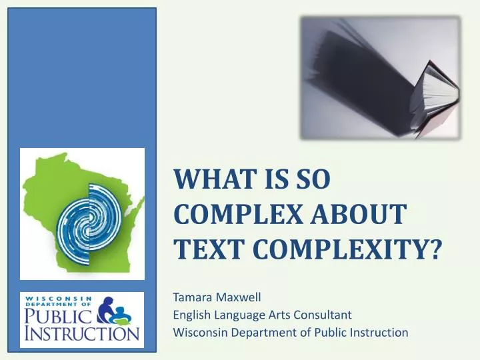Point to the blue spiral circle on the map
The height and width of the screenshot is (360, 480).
[89, 213]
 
